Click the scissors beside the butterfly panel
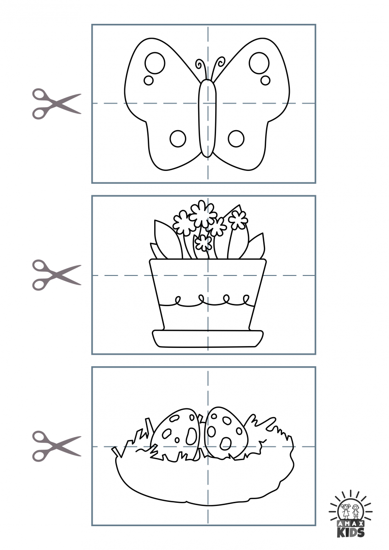click(x=56, y=104)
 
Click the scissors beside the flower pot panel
click(x=56, y=275)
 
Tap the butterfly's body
click(x=207, y=119)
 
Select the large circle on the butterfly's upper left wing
click(x=155, y=62)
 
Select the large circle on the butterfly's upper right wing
click(x=259, y=62)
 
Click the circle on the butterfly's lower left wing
click(x=178, y=138)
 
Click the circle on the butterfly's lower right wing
click(x=236, y=138)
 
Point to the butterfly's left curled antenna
click(x=200, y=66)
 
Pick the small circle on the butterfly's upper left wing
click(x=149, y=80)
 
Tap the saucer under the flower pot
click(x=208, y=338)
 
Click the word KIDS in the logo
click(x=351, y=532)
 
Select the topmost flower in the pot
click(x=203, y=214)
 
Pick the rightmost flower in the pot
click(x=238, y=220)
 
